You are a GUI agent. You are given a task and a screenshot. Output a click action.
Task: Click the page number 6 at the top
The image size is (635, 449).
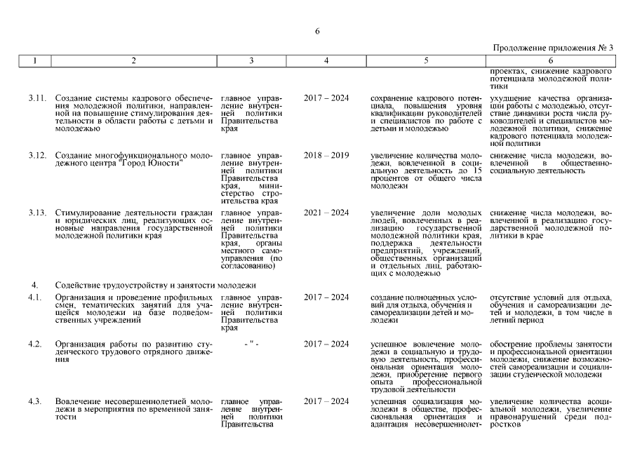(x=317, y=31)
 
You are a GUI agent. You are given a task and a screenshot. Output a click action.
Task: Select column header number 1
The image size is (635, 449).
(x=34, y=61)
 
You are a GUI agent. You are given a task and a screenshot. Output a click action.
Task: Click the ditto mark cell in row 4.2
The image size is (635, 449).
(x=251, y=344)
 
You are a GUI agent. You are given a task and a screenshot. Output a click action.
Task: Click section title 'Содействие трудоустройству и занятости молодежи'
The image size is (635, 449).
(x=155, y=285)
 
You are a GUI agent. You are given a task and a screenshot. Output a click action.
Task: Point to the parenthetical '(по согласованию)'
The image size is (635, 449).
(x=251, y=262)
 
